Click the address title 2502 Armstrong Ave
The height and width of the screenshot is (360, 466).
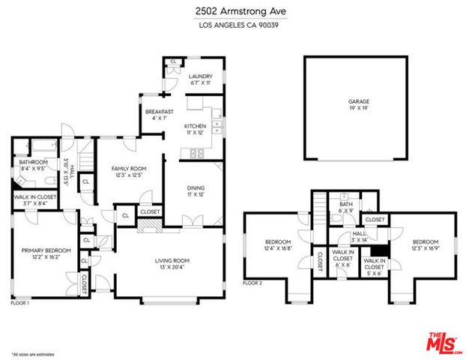coord(232,11)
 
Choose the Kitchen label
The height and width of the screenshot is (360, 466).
coord(196,129)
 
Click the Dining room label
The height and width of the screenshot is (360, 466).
coord(196,191)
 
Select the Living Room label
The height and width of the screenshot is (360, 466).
coord(170,264)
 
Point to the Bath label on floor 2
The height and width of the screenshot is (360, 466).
coord(345,207)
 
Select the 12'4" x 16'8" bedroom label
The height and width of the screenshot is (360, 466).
coord(278,245)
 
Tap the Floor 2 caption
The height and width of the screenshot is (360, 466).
coord(252,283)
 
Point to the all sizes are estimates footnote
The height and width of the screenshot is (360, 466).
coord(34,353)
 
